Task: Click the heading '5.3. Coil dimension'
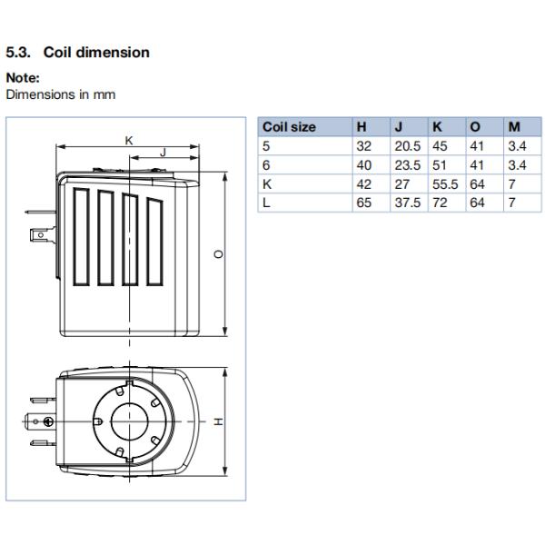[77, 53]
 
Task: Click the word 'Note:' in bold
[23, 78]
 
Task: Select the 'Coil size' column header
[289, 127]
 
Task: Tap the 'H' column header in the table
[362, 127]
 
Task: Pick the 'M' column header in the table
[513, 127]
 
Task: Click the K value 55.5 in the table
[444, 184]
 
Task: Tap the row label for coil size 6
[266, 165]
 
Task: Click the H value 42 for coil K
[363, 184]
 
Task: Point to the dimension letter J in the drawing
[163, 153]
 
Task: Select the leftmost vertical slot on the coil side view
[83, 235]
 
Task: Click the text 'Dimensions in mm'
[61, 94]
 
